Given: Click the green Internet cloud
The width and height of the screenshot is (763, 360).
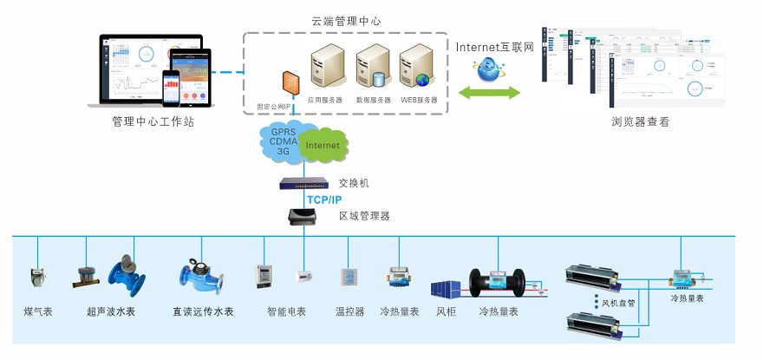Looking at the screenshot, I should [x=322, y=146].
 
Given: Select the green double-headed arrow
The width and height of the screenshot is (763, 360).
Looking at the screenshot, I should [x=488, y=93].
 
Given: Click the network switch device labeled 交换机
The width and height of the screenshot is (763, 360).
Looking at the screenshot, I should [x=303, y=184].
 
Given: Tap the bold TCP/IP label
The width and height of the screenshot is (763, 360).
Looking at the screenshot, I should [x=324, y=200].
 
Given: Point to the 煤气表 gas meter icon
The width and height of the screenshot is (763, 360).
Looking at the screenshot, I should [x=36, y=275].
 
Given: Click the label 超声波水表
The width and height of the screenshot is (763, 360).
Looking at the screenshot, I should [x=110, y=311].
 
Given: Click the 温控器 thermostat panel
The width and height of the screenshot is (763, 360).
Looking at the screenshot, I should [x=349, y=277].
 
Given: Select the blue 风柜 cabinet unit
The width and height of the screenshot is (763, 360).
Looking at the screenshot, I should [x=447, y=288].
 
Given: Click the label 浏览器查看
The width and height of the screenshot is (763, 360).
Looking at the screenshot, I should [x=640, y=122].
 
